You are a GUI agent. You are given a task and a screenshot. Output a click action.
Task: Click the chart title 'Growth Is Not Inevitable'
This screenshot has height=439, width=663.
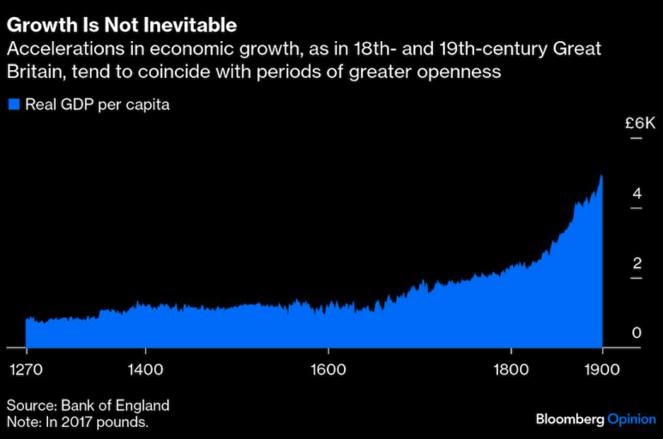pos(122,24)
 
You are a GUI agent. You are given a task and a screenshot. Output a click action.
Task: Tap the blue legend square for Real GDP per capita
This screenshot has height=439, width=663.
pos(14,105)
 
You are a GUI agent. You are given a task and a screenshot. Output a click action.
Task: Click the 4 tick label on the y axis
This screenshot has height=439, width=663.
pos(636,194)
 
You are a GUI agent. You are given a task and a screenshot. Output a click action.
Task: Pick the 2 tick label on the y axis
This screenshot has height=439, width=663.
pos(636,263)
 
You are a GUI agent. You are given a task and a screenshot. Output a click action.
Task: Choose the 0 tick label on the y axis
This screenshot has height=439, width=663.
pos(636,333)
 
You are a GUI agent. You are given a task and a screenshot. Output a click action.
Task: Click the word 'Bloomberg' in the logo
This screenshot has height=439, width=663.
pos(570,419)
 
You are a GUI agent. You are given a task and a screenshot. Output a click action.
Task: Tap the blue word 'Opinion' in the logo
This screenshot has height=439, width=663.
pos(631,419)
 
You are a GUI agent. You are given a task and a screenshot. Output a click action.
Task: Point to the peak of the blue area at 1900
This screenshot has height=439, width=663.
pos(601,176)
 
